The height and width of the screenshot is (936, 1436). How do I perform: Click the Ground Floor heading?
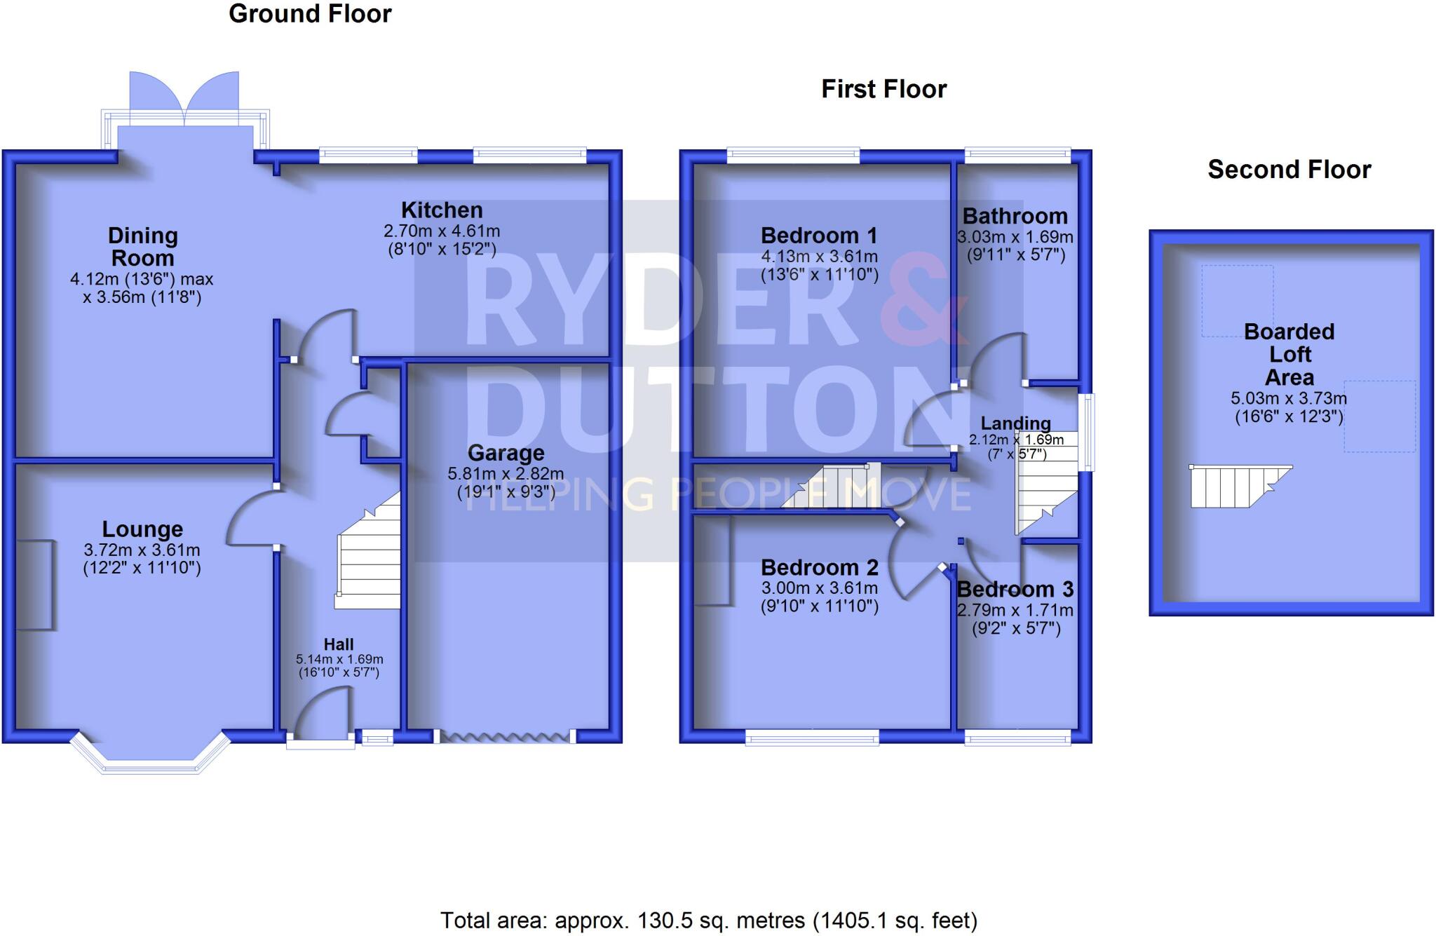(x=310, y=14)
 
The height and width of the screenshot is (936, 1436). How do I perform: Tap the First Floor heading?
(x=883, y=90)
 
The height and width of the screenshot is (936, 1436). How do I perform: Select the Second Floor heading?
(x=1289, y=170)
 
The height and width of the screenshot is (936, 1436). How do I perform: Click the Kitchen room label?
(x=442, y=210)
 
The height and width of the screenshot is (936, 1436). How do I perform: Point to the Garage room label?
(x=506, y=453)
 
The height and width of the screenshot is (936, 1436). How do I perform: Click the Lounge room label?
(x=142, y=529)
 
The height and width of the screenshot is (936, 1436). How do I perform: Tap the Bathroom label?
(x=1015, y=217)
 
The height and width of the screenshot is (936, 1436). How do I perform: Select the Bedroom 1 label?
(x=819, y=236)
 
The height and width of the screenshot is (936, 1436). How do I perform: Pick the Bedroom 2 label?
(x=819, y=567)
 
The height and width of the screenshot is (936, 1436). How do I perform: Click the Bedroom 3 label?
(x=1015, y=590)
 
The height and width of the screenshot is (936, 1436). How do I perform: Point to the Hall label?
(x=339, y=644)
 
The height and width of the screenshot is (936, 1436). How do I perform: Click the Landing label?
(x=1015, y=423)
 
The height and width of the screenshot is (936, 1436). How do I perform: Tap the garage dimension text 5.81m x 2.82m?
(x=506, y=475)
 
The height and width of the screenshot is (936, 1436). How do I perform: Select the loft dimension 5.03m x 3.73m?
(x=1289, y=399)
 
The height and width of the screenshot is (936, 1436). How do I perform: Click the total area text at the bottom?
(x=708, y=920)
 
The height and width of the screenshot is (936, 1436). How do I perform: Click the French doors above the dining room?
(x=184, y=98)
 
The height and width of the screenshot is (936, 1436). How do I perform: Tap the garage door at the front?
(x=505, y=736)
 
